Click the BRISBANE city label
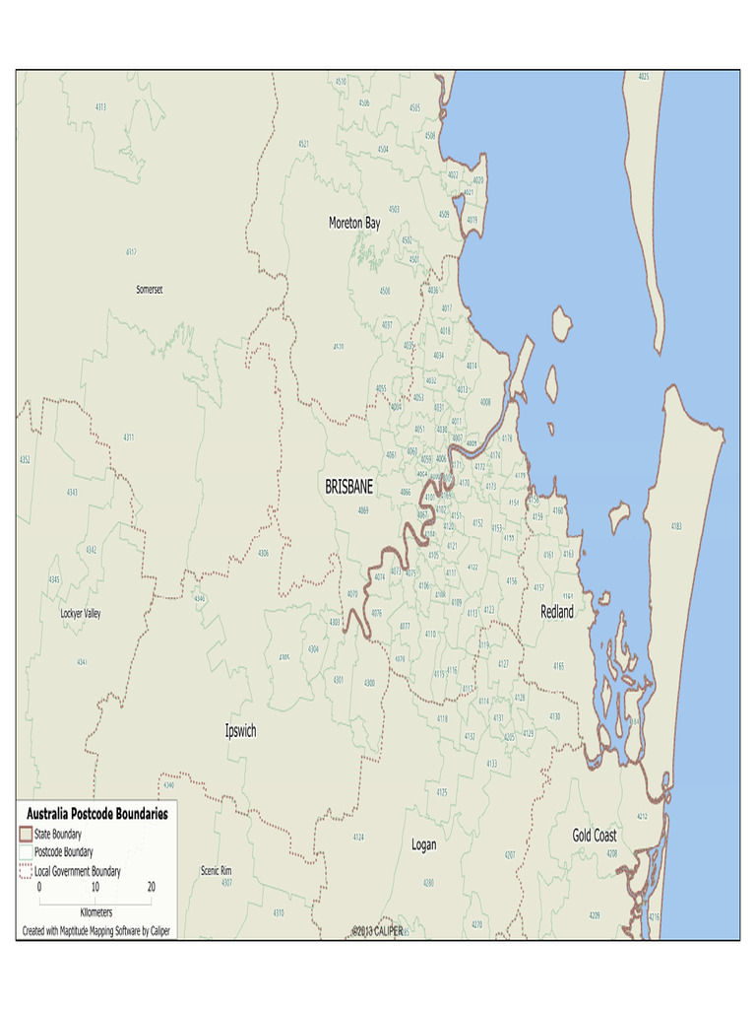[349, 487]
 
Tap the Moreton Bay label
[354, 224]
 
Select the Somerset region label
[150, 290]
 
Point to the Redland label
[557, 612]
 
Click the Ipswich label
[240, 731]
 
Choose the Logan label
[423, 845]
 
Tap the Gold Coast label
[595, 836]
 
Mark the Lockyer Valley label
[81, 614]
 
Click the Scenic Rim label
[216, 870]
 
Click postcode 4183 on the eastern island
[675, 526]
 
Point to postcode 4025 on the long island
[644, 77]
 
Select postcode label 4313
[101, 106]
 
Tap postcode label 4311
[129, 437]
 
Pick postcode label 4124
[358, 838]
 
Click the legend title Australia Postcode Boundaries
[96, 814]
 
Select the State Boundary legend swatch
[26, 834]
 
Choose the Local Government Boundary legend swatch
[26, 870]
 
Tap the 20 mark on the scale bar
[151, 887]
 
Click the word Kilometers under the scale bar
[95, 911]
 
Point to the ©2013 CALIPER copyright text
[377, 931]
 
